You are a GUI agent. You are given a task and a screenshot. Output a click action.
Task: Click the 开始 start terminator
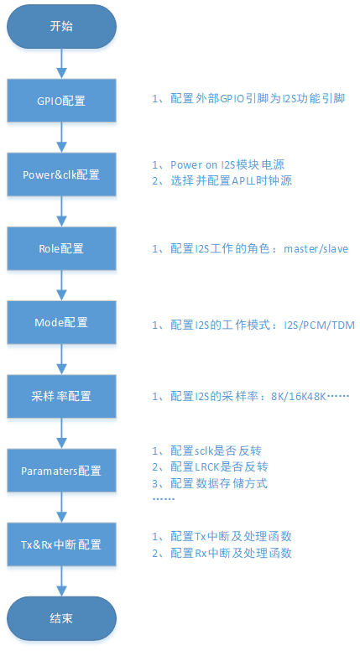pos(61,26)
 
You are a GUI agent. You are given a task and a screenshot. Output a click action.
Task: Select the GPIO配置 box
pos(61,101)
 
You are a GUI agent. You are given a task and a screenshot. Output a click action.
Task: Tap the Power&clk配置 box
pos(61,174)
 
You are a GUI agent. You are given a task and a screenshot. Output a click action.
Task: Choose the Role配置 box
pos(61,249)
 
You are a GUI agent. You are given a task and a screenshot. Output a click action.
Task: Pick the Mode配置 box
pos(61,322)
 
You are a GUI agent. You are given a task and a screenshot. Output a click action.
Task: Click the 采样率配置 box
pos(61,396)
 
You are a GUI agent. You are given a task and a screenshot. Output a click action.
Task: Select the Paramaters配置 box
pos(61,471)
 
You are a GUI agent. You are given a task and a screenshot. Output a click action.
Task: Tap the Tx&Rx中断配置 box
pos(61,544)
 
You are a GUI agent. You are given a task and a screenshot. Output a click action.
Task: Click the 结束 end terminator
pos(61,618)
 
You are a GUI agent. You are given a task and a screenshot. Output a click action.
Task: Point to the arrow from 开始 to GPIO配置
pos(61,63)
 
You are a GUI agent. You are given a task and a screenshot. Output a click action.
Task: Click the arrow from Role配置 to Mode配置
pos(61,285)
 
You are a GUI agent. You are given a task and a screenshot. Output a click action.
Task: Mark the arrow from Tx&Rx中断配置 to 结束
pos(61,581)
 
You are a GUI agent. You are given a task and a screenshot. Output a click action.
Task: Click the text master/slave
pos(316,249)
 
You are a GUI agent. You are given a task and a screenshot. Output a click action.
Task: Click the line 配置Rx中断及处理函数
pos(227,553)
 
